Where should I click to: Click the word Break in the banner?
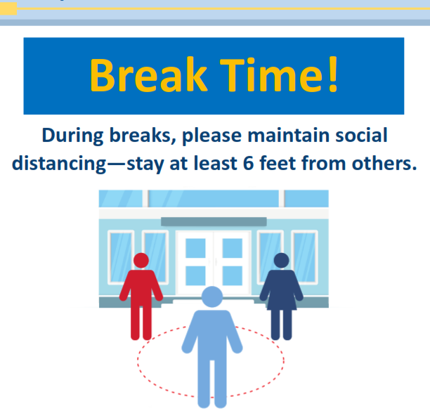pos(148,74)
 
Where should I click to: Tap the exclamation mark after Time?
pos(333,74)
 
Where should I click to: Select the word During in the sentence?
pos(72,136)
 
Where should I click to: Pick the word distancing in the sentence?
pos(59,164)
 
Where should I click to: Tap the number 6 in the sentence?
pos(249,164)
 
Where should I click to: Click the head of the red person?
pos(141,260)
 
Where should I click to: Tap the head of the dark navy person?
pos(281,260)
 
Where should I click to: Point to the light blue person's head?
pos(212,296)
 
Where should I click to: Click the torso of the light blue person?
pos(212,334)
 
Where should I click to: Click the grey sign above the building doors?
pos(214,221)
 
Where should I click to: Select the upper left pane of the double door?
pos(195,248)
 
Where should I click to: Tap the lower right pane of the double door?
pos(233,275)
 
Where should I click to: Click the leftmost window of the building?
pos(121,257)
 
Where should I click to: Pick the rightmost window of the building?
pos(304,257)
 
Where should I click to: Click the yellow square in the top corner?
pos(8,8)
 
